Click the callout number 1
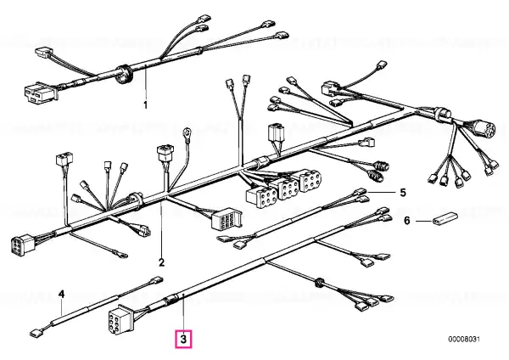[145, 105]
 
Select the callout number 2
[162, 262]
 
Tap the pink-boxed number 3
[184, 340]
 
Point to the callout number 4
[61, 295]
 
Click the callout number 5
[402, 193]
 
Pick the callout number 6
[407, 221]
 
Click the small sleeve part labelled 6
[445, 218]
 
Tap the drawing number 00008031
[464, 340]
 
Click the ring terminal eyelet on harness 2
[187, 132]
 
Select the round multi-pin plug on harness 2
[483, 128]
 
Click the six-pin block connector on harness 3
[120, 318]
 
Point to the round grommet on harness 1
[123, 74]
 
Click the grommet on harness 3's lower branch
[318, 282]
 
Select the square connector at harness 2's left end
[23, 244]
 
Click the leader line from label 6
[424, 222]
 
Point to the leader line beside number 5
[382, 193]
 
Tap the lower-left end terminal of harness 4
[36, 333]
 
